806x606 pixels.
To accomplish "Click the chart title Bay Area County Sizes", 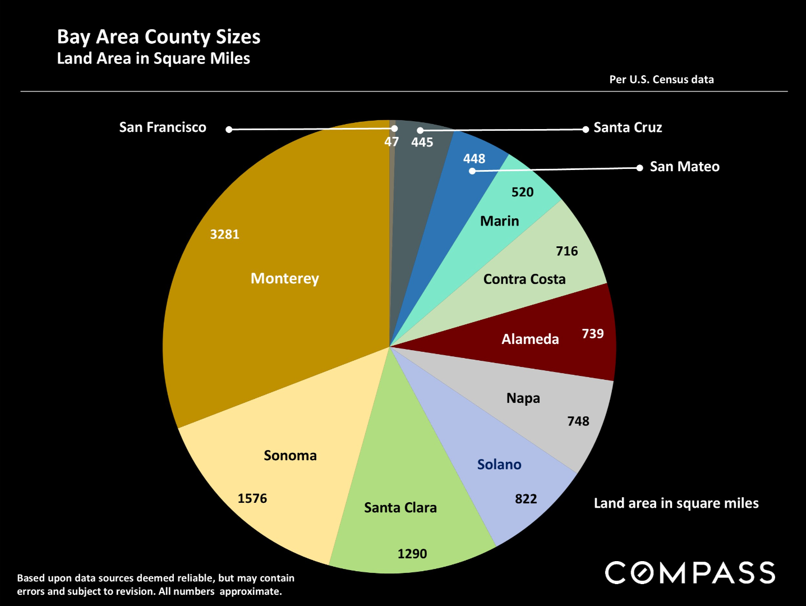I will [x=159, y=37].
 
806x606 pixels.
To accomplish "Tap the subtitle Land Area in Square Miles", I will [x=153, y=58].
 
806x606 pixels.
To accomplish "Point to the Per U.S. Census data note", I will [x=661, y=80].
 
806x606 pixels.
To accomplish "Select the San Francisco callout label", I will [x=163, y=127].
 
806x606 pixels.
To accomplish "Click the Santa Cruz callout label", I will [x=628, y=128].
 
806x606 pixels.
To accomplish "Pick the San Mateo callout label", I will [x=684, y=167].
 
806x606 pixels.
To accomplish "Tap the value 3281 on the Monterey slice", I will [x=224, y=235].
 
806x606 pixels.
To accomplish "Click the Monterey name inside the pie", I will [x=284, y=278].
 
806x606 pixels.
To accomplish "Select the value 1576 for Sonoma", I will [x=252, y=498].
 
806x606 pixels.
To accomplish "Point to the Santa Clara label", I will [x=400, y=508].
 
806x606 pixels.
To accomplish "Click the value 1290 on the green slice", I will [x=412, y=554].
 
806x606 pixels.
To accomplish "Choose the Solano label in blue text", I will [x=499, y=465].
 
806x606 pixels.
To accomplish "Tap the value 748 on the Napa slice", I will [x=578, y=421].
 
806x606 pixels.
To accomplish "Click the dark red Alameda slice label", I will [x=530, y=339].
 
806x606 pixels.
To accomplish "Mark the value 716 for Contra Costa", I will [x=566, y=251].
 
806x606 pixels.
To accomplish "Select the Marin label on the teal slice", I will [x=499, y=221].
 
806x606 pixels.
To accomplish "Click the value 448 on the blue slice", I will [x=474, y=159].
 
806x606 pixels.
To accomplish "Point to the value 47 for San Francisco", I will [x=391, y=142].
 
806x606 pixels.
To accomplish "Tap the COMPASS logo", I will [x=690, y=573].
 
